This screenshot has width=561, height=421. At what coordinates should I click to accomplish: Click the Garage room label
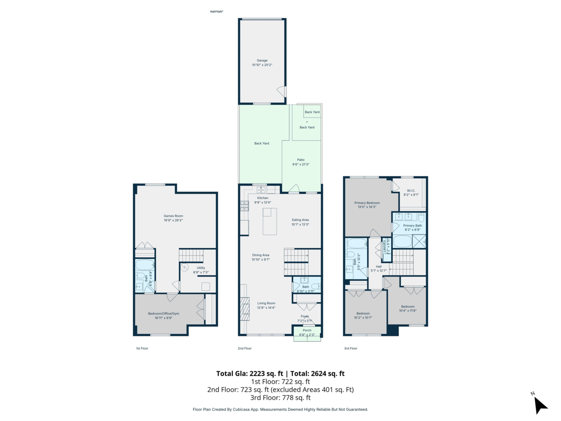(x=262, y=60)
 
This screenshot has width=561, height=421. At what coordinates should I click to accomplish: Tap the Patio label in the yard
(x=301, y=160)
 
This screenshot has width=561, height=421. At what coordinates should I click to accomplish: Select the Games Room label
(x=173, y=216)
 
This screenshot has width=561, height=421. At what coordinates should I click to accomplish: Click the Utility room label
(x=201, y=268)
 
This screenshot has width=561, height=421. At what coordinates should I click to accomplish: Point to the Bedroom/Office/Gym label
(x=164, y=313)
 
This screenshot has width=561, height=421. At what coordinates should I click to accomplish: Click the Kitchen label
(x=263, y=198)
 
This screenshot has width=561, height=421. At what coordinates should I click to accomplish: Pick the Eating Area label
(x=300, y=220)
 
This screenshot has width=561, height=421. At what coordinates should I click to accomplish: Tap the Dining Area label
(x=260, y=255)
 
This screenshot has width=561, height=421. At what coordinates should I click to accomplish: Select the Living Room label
(x=266, y=303)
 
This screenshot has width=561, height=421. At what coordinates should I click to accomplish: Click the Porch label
(x=307, y=330)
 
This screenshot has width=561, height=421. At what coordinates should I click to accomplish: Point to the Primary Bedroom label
(x=367, y=203)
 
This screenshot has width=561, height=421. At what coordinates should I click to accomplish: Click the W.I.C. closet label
(x=411, y=190)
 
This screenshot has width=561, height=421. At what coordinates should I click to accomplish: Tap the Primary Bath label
(x=412, y=225)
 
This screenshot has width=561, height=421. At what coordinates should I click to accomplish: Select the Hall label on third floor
(x=379, y=267)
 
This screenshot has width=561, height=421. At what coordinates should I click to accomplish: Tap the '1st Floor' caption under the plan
(x=142, y=348)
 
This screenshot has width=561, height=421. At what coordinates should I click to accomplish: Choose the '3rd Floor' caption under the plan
(x=351, y=348)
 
